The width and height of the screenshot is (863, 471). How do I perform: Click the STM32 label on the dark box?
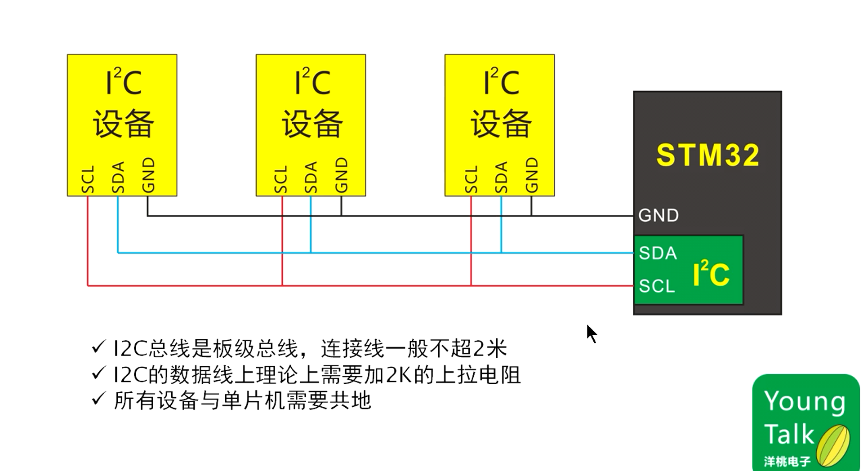(x=707, y=156)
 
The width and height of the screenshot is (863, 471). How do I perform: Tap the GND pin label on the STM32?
(x=658, y=216)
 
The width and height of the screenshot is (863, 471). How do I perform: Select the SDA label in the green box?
(x=658, y=253)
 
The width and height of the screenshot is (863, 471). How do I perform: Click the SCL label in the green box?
(x=657, y=286)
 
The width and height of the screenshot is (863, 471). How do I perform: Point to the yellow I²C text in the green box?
(x=711, y=273)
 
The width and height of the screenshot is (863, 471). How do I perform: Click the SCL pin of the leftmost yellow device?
(x=88, y=179)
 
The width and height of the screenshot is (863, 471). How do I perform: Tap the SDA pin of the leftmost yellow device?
(x=118, y=178)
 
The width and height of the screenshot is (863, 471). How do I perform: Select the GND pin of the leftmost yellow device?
(x=148, y=175)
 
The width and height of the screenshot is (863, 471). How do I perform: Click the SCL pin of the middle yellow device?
(x=280, y=179)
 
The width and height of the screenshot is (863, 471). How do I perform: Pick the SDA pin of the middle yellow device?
(x=311, y=178)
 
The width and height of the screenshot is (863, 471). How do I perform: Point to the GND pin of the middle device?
(x=341, y=175)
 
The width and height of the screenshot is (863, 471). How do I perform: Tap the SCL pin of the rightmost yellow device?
(x=471, y=179)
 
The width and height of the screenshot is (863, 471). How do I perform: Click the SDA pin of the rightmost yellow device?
(x=501, y=178)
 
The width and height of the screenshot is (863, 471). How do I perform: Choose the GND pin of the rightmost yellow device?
(x=531, y=175)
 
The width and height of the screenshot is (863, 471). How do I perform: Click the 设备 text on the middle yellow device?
(x=312, y=124)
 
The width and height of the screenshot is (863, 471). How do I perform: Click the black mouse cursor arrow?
(x=591, y=333)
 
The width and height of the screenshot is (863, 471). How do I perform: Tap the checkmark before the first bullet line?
(x=98, y=347)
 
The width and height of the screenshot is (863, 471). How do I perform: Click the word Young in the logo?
(x=805, y=401)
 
